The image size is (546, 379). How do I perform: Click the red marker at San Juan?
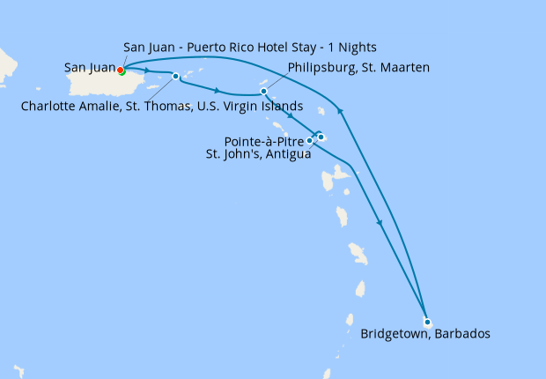(121, 71)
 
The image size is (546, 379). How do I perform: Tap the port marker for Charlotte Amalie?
(175, 76)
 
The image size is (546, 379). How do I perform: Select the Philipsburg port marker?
(263, 91)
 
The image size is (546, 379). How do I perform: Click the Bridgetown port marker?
(427, 322)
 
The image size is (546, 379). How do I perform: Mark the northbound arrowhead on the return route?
(341, 110)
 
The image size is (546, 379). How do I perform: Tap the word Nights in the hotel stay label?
(359, 47)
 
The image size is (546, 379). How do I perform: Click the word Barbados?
(459, 334)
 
